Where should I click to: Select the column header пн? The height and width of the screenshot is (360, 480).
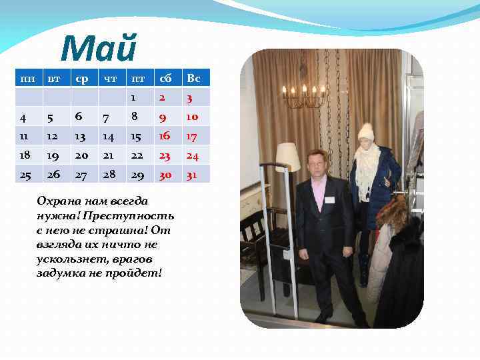(27, 79)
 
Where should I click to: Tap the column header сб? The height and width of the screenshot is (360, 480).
(163, 79)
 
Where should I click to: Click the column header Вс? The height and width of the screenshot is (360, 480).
(193, 79)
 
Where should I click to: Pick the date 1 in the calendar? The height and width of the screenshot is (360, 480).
(133, 98)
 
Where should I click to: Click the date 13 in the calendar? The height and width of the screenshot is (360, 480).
(81, 136)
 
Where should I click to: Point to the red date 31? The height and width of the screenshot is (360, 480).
(193, 174)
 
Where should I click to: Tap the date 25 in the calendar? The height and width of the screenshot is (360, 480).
(25, 174)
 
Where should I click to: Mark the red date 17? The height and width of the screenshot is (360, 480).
(193, 136)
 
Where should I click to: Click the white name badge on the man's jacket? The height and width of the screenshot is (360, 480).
(328, 199)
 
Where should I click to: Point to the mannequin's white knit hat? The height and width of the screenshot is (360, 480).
(366, 131)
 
